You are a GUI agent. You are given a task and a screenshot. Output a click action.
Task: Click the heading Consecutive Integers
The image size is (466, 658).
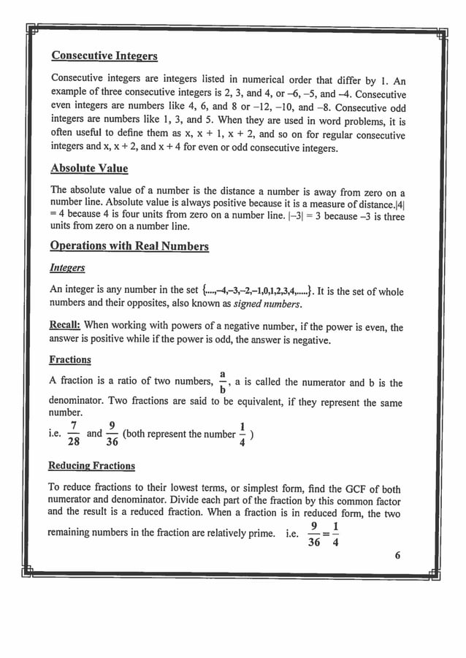pos(104,56)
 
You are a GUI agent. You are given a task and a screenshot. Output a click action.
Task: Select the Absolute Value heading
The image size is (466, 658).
pos(88,168)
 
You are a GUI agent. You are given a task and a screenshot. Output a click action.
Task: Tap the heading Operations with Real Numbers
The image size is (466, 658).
pos(129,245)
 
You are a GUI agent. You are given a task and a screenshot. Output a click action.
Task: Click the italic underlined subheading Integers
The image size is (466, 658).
pos(66,269)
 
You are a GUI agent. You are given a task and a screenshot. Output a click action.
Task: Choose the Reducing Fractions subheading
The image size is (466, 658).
pos(91,465)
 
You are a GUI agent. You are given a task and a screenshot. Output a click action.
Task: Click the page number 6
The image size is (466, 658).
pos(398,554)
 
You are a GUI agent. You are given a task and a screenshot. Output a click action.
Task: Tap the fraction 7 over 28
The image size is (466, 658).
pos(73,433)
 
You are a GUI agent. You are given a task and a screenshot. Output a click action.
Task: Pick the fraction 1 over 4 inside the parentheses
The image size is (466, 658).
pos(242,434)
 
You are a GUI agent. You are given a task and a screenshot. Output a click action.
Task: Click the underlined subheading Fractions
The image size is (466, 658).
pos(70,359)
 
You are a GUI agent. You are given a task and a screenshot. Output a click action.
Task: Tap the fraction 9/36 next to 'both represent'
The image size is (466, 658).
pos(112,433)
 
